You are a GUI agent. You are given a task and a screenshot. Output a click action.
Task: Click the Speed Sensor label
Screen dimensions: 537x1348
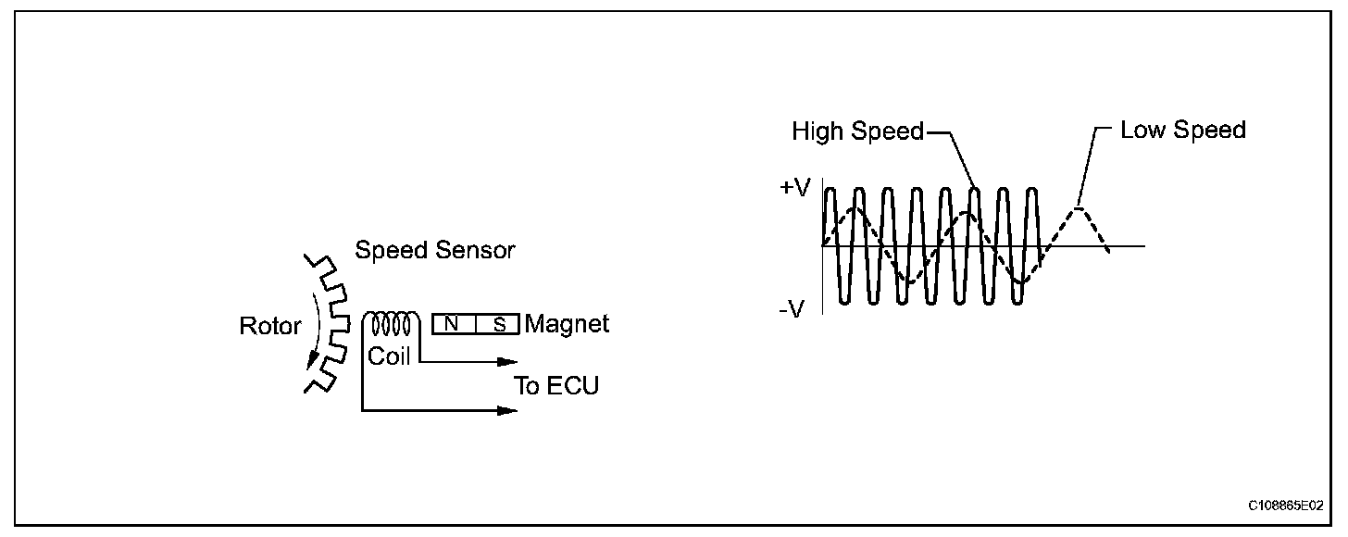[435, 250]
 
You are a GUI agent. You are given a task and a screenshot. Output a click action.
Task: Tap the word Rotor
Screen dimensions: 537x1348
[270, 326]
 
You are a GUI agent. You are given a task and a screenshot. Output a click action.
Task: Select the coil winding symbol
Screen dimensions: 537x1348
[391, 324]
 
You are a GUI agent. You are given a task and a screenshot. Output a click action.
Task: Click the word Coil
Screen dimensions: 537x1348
[389, 356]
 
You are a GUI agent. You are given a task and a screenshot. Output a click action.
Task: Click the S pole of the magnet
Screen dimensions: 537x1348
[499, 324]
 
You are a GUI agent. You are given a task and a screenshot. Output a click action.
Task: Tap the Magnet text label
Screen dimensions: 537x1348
[567, 324]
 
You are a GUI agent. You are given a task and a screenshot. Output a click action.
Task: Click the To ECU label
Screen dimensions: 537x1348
[556, 385]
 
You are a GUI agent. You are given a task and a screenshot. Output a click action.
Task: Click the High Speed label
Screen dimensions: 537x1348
[857, 131]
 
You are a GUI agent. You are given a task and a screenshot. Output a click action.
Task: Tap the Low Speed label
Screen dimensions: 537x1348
[1182, 130]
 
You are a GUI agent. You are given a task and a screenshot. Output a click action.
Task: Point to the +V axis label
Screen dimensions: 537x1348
[794, 188]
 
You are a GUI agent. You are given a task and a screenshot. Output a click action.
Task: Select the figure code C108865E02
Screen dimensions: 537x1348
[1285, 506]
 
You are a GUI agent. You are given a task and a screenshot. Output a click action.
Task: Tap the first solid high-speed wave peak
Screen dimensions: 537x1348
[830, 191]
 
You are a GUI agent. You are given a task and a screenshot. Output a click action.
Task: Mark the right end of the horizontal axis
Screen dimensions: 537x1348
[1144, 246]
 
